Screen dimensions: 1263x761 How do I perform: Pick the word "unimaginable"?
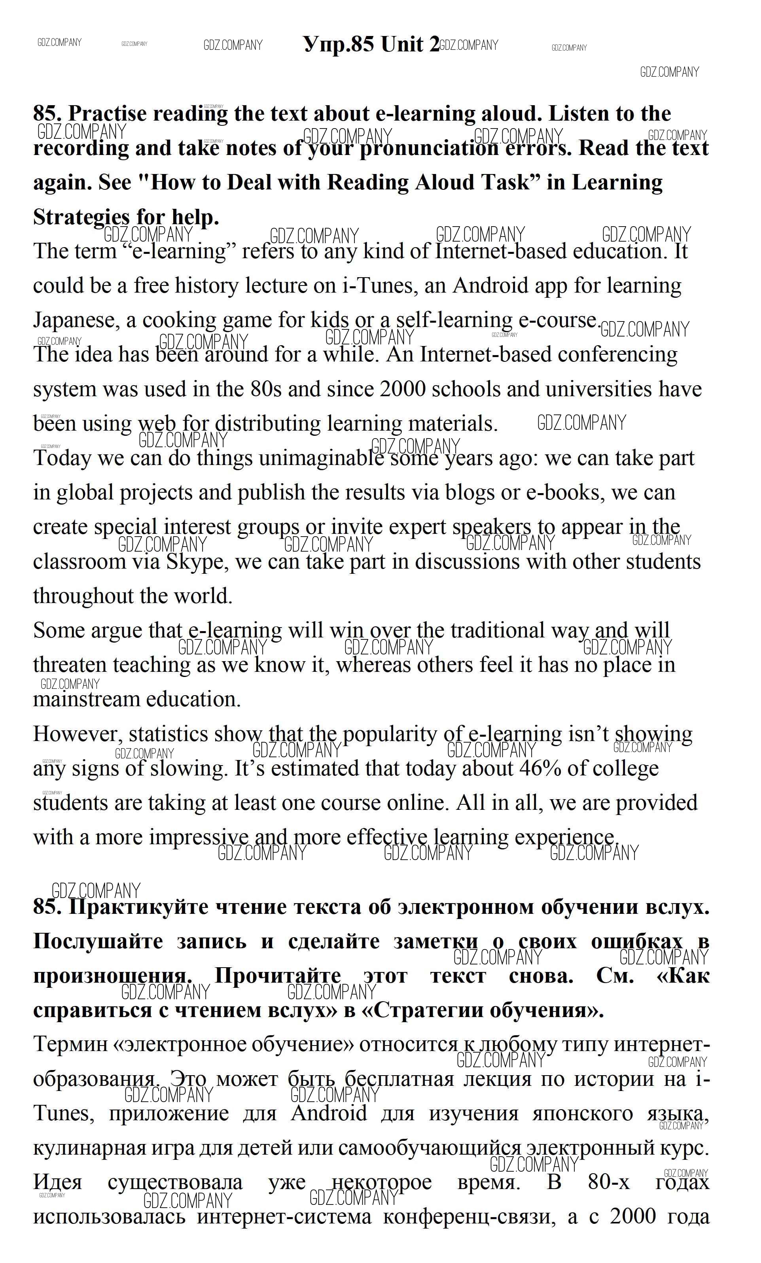click(x=322, y=458)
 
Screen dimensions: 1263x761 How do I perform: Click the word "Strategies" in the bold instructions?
click(x=81, y=217)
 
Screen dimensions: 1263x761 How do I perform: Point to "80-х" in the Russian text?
click(x=608, y=1182)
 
